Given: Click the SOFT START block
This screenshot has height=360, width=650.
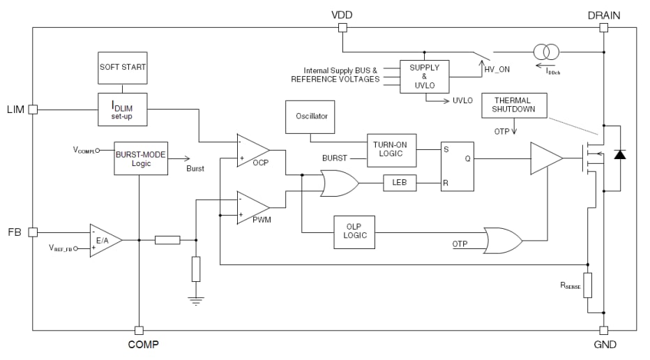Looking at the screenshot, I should pos(122,68).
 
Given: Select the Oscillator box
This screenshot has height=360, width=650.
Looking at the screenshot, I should pos(310,116).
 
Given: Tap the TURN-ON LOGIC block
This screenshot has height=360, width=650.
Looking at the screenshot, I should pos(391,150).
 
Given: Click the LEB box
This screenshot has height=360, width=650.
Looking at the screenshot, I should pos(400,183).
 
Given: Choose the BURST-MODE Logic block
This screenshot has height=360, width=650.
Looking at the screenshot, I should pos(140,158).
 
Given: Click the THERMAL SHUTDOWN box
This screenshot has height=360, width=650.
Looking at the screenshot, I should pos(515,105).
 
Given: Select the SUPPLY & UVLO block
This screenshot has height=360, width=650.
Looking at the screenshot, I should pos(424,76).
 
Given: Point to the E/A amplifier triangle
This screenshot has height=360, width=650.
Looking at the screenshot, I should pos(105,240).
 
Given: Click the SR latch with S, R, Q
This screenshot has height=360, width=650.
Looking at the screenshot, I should pos(457,167).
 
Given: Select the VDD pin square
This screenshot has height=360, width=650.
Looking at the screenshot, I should pos(342,28).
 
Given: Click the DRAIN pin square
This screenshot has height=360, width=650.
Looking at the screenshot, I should pos(603,28).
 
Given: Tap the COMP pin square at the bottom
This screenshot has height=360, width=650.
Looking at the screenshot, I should pos(139,330).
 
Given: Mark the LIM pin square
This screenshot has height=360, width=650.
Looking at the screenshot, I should pos(33,110).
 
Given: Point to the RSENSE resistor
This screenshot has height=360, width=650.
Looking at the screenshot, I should pos(588,285).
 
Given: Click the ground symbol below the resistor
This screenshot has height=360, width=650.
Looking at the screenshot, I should pos(196,301).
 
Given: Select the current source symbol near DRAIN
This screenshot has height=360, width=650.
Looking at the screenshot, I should pos(546,52).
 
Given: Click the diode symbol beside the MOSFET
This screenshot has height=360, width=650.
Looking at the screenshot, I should pos(619,155).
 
